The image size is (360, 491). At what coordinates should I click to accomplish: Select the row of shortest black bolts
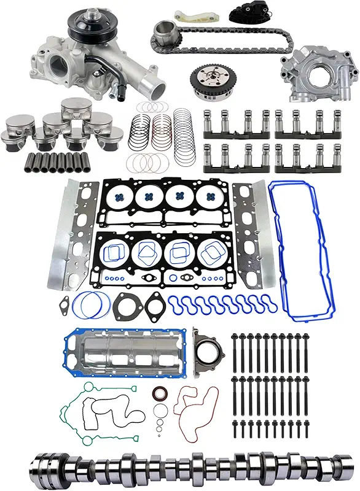pyautogui.click(x=270, y=426)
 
